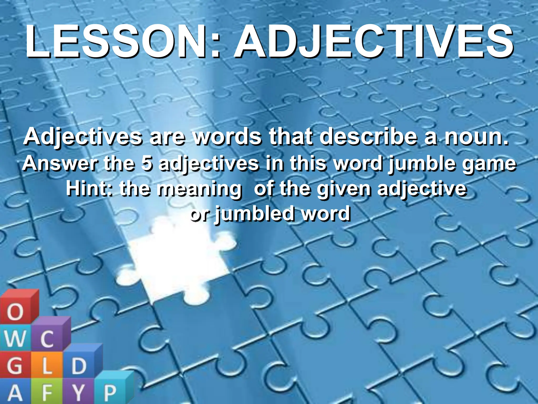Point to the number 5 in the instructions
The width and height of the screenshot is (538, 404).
click(147, 163)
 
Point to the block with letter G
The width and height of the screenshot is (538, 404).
click(14, 366)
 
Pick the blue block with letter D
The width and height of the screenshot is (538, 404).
click(79, 366)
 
